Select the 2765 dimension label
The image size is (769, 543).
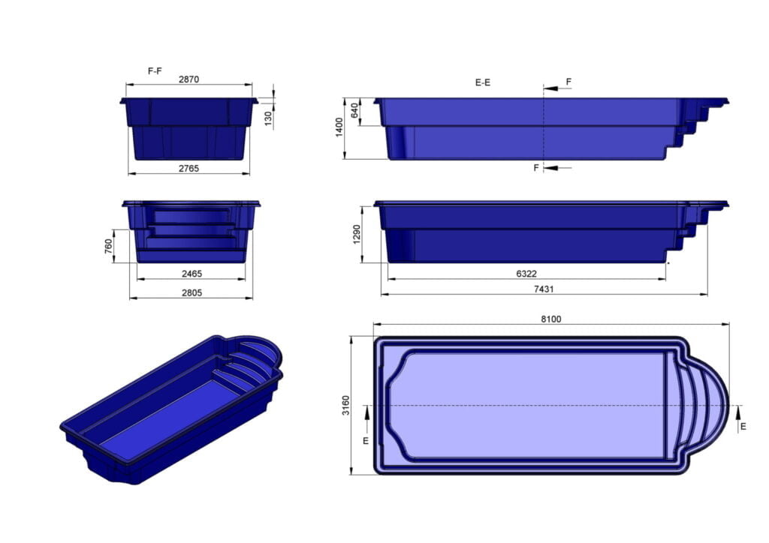point(188,169)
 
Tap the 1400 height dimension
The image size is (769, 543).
point(339,127)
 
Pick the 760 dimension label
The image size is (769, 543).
point(108,246)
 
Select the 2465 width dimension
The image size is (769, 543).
point(191,274)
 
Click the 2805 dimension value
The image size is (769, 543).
point(191,292)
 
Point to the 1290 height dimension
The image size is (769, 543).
point(357,233)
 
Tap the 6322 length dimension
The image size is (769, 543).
point(526,274)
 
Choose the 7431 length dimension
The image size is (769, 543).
point(544,289)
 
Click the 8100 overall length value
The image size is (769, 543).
point(550,319)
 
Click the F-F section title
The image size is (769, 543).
point(155,70)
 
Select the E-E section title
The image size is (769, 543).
point(483,82)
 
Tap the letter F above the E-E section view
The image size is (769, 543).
point(568,81)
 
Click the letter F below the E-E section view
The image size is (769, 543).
point(536,168)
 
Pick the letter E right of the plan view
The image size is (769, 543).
point(743,426)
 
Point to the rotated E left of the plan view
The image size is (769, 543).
point(366,440)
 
